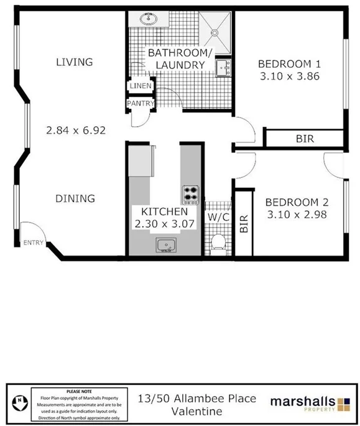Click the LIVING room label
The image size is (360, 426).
click(x=74, y=62)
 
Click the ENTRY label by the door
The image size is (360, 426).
click(x=33, y=243)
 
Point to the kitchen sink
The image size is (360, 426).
click(x=165, y=245)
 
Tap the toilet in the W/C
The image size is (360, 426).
click(x=217, y=241)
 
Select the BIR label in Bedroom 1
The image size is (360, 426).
click(x=304, y=139)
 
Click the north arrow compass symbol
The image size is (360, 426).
click(x=21, y=400)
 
